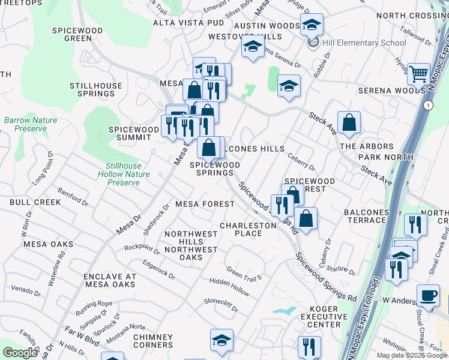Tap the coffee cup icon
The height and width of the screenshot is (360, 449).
pyautogui.click(x=428, y=296)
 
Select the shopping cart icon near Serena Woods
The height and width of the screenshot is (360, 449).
pyautogui.click(x=418, y=74)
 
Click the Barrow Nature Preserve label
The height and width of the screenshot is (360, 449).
pyautogui.click(x=31, y=124)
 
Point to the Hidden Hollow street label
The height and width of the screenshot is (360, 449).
pyautogui.click(x=229, y=286)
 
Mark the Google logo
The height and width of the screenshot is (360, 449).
pyautogui.click(x=20, y=353)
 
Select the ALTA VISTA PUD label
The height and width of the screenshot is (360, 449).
pyautogui.click(x=188, y=23)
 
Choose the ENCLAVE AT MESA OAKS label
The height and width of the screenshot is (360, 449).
pyautogui.click(x=110, y=280)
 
